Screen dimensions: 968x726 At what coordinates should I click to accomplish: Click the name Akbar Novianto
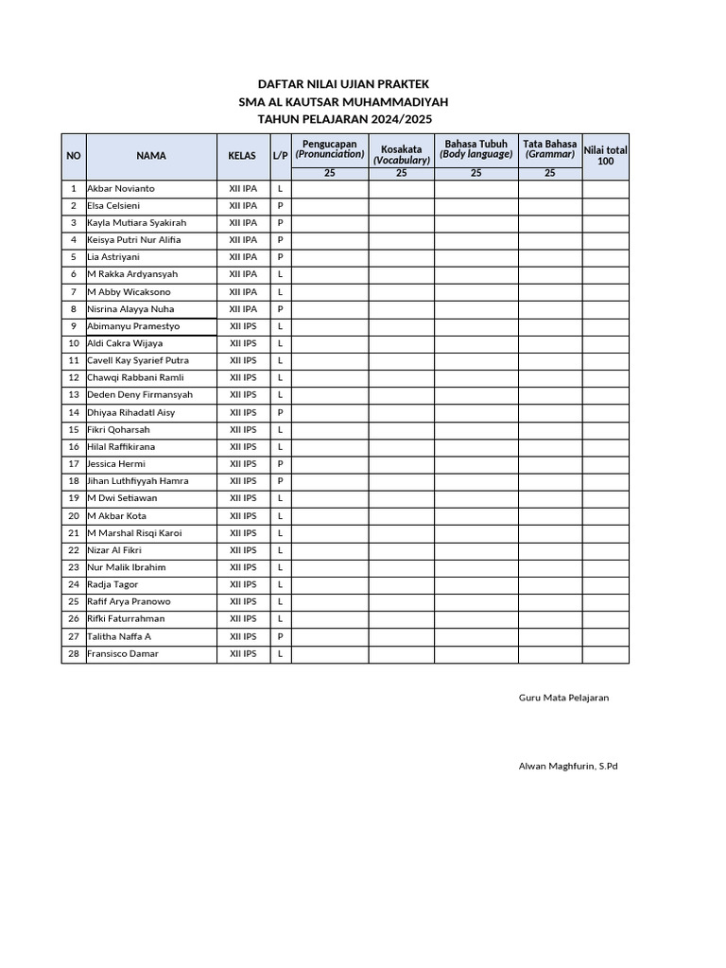pos(121,189)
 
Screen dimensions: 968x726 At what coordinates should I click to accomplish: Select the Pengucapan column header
pos(329,148)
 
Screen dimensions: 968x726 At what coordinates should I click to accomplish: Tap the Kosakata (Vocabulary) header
pos(401,154)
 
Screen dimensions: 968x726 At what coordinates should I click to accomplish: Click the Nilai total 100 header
pos(605,155)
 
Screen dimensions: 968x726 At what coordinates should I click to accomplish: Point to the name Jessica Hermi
pos(116,464)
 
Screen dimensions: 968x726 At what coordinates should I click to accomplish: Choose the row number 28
pos(73,654)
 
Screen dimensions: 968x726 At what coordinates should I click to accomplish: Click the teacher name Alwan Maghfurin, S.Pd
pos(568,767)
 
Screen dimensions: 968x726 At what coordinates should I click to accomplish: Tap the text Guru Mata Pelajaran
pos(563,698)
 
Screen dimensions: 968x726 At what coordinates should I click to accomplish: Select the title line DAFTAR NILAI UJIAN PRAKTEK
pos(343,85)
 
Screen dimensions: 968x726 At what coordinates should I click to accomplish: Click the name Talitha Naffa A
pos(119,636)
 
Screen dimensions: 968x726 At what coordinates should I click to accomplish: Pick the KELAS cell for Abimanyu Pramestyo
pos(243,326)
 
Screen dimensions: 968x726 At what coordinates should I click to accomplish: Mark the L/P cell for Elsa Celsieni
pos(281,206)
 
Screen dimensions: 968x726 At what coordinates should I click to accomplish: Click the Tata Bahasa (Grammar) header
pos(549,148)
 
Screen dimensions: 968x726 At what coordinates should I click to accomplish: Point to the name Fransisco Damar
pos(123,654)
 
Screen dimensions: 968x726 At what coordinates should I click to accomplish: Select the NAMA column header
pos(151,156)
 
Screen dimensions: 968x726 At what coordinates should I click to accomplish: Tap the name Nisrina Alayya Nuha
pos(130,309)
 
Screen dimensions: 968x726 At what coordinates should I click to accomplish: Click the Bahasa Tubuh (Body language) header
pos(476,148)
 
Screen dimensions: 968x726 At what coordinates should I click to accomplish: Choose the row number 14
pos(73,413)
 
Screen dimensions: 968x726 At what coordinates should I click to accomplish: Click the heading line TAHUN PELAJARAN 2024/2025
pos(343,119)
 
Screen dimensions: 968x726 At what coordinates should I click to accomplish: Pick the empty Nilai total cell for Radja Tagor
pos(605,585)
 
